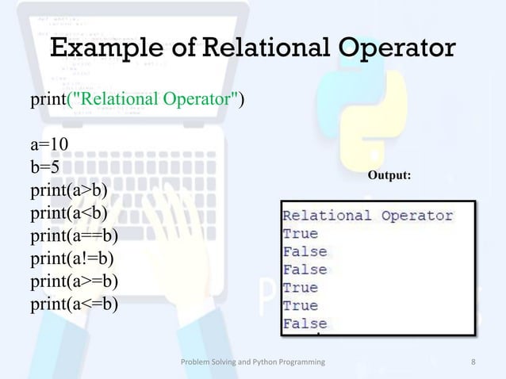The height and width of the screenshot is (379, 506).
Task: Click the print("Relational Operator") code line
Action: point(137,101)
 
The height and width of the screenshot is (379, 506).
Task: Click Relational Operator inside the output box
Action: point(368,216)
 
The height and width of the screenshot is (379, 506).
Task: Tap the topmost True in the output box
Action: point(301,234)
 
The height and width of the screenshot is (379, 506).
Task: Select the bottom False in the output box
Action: point(305,323)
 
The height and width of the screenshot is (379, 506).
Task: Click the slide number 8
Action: point(473,362)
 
